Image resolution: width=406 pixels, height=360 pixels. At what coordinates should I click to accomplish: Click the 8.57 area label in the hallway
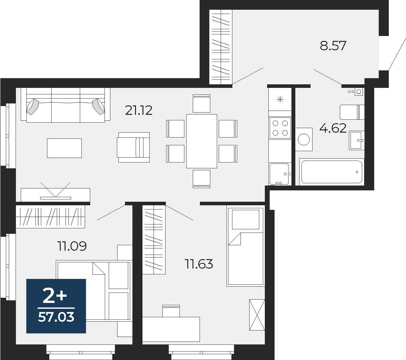333,46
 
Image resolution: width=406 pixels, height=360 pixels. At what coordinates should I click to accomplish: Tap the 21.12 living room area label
139,111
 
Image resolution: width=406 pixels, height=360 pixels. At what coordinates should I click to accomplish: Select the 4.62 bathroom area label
333,128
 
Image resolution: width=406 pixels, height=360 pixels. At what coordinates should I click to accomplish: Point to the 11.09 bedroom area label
72,246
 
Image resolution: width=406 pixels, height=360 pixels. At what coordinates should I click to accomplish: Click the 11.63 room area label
199,264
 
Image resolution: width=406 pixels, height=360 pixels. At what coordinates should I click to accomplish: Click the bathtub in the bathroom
331,172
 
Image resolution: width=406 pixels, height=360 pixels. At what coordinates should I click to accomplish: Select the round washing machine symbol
304,139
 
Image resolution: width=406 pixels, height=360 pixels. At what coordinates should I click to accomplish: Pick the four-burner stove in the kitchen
280,128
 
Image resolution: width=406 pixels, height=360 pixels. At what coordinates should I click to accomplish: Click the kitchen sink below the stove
279,174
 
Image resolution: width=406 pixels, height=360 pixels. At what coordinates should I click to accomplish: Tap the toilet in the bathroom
351,112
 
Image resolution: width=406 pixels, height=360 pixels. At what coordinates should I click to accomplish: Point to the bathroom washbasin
357,140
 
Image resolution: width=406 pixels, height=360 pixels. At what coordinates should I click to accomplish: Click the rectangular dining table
202,141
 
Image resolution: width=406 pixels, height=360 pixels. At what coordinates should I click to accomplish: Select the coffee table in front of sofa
64,148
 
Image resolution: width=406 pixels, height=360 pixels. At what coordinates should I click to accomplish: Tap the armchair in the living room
134,147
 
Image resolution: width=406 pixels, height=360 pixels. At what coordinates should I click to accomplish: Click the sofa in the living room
66,105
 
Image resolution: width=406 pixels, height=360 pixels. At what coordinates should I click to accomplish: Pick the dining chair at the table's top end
202,103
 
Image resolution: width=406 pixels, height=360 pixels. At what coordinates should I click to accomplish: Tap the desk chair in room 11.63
171,311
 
